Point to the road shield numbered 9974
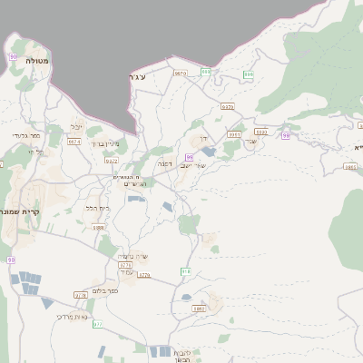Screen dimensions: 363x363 (74, 142)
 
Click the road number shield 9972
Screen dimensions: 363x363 (112, 161)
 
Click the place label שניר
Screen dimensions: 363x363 (253, 142)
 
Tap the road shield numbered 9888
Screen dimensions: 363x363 (98, 228)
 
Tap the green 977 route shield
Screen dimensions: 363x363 (98, 324)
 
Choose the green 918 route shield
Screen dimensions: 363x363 (186, 271)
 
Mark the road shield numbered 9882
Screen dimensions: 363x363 (201, 309)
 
